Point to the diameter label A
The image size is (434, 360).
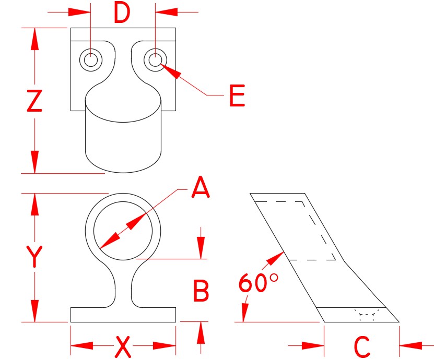click(201, 188)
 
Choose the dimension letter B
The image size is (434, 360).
click(202, 291)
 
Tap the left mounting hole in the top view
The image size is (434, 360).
click(91, 59)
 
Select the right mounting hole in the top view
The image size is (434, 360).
click(155, 59)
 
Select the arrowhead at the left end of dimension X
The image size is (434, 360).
click(81, 345)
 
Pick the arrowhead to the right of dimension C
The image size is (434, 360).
click(410, 344)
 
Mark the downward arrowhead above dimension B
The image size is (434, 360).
click(201, 248)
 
